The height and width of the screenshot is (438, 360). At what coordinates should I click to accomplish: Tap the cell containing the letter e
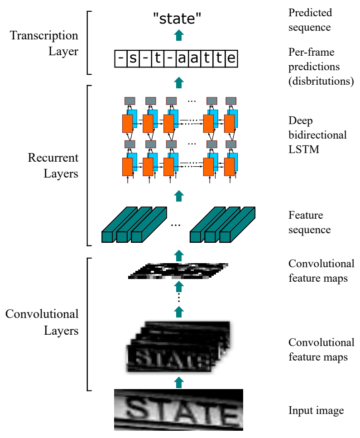pyautogui.click(x=231, y=59)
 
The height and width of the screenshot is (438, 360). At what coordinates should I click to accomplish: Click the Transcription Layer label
pyautogui.click(x=44, y=43)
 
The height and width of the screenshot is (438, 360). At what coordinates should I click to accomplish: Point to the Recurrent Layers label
pyautogui.click(x=53, y=165)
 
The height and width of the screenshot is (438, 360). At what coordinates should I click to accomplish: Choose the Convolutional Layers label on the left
pyautogui.click(x=42, y=322)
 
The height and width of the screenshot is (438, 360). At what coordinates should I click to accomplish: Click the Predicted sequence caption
pyautogui.click(x=310, y=19)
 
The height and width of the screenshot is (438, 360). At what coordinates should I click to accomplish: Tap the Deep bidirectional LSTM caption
pyautogui.click(x=317, y=135)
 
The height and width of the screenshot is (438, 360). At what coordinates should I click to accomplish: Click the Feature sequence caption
pyautogui.click(x=310, y=222)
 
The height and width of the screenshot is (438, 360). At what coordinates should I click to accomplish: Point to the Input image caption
pyautogui.click(x=316, y=411)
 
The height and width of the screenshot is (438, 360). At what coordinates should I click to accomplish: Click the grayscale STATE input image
pyautogui.click(x=178, y=409)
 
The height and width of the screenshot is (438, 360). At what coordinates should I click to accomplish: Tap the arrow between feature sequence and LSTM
pyautogui.click(x=179, y=196)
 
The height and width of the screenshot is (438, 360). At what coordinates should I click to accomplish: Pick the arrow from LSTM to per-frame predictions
pyautogui.click(x=179, y=82)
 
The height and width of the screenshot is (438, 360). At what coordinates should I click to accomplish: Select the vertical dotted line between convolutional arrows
pyautogui.click(x=179, y=298)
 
